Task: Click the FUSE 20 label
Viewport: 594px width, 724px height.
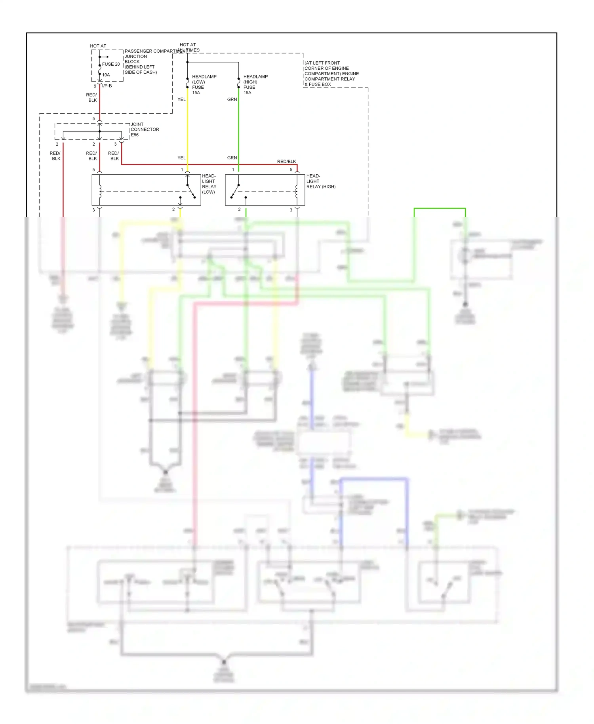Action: pyautogui.click(x=110, y=64)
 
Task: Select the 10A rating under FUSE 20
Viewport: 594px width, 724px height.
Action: pyautogui.click(x=106, y=75)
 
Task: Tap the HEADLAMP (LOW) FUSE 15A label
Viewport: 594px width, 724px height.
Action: pyautogui.click(x=204, y=84)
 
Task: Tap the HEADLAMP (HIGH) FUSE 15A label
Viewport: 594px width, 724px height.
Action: pyautogui.click(x=255, y=84)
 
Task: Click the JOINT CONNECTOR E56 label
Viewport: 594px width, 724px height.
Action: pyautogui.click(x=145, y=130)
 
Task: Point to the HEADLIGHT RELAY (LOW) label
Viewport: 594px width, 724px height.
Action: pyautogui.click(x=209, y=184)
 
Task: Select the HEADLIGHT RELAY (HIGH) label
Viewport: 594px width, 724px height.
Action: pyautogui.click(x=320, y=181)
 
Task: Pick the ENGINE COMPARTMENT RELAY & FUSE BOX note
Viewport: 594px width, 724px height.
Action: pyautogui.click(x=331, y=74)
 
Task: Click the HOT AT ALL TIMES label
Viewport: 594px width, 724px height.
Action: pyautogui.click(x=188, y=48)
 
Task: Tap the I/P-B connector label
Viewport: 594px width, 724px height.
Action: pyautogui.click(x=107, y=86)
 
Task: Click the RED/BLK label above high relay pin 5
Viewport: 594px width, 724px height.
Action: pyautogui.click(x=286, y=162)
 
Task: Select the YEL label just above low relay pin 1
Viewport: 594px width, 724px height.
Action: pyautogui.click(x=181, y=158)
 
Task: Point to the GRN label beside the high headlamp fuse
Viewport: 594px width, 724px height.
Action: pyautogui.click(x=232, y=99)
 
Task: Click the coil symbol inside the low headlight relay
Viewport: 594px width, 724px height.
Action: pyautogui.click(x=100, y=191)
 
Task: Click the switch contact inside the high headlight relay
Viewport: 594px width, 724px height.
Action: pyautogui.click(x=235, y=191)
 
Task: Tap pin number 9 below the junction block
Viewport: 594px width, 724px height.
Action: pyautogui.click(x=95, y=86)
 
